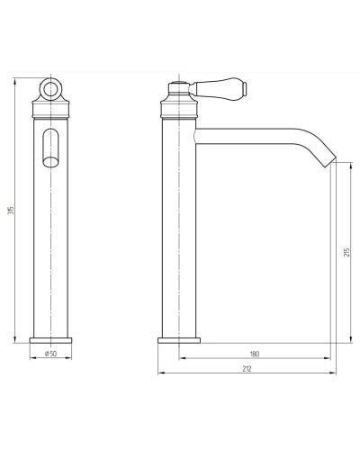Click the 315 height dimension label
[x=12, y=210]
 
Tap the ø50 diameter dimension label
[x=50, y=354]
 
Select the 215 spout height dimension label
[x=346, y=252]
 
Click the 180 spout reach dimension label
[x=255, y=354]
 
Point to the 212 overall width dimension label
[x=247, y=369]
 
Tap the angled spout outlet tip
[x=330, y=161]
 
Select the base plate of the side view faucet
[x=179, y=340]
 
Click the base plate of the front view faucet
[x=50, y=340]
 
